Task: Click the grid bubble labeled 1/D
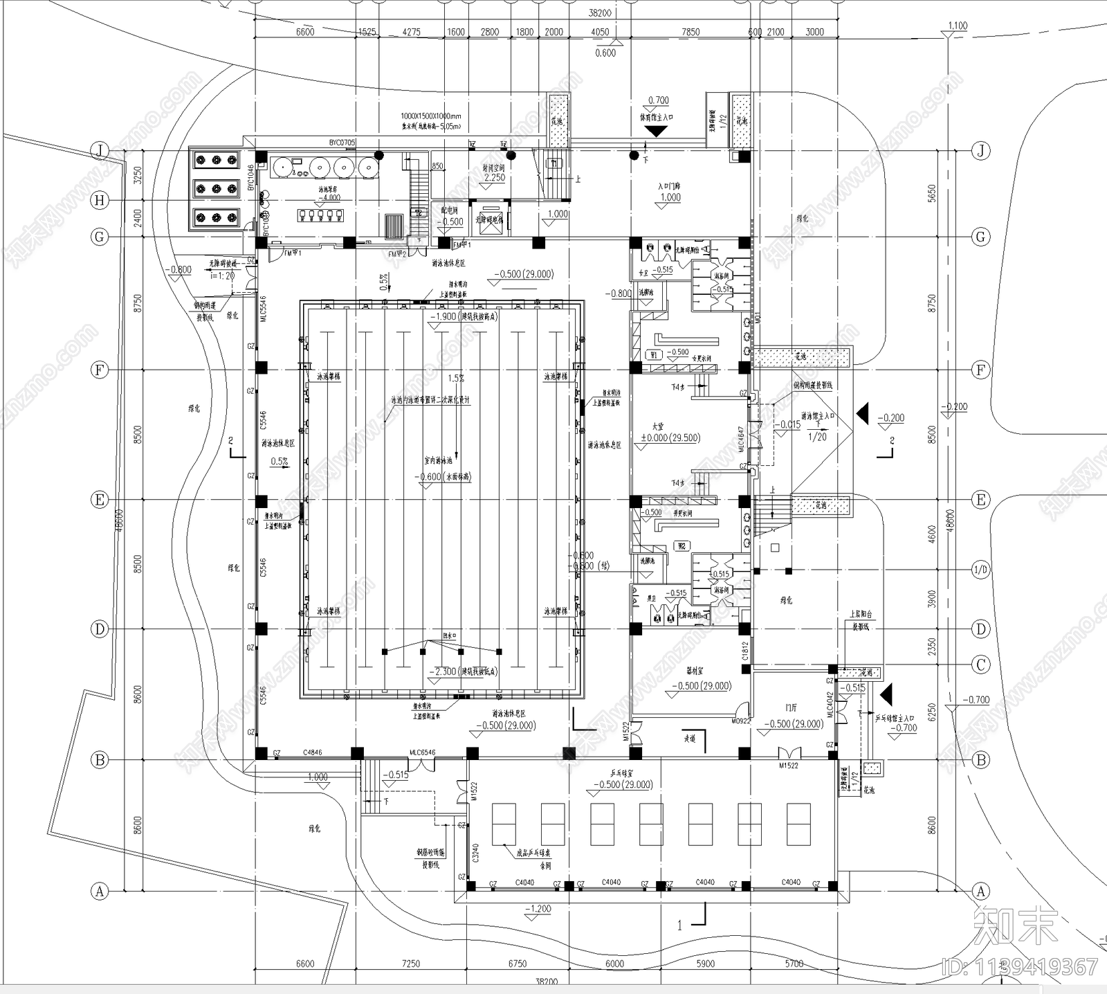click(980, 570)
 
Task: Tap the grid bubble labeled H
click(100, 201)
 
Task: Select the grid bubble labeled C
click(980, 665)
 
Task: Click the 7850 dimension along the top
click(690, 32)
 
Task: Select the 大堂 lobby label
click(658, 426)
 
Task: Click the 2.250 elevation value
click(494, 178)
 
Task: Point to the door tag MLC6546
click(422, 752)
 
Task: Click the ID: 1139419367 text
click(1020, 966)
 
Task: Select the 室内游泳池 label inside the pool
click(438, 460)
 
